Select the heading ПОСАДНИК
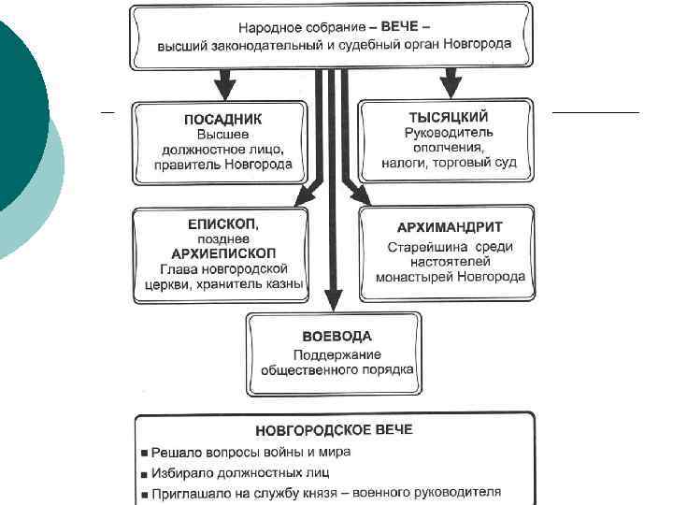[222, 119]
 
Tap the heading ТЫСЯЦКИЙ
[448, 117]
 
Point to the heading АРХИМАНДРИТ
[450, 227]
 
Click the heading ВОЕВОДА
[336, 336]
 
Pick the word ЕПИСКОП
[218, 224]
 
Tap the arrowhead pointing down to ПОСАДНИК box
[225, 91]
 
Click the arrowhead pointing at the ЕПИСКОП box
[302, 195]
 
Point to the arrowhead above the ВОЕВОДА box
[332, 301]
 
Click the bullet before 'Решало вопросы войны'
[145, 453]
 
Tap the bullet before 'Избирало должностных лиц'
[145, 473]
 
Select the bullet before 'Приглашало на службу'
[145, 493]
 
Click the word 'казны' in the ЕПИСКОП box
[284, 284]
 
